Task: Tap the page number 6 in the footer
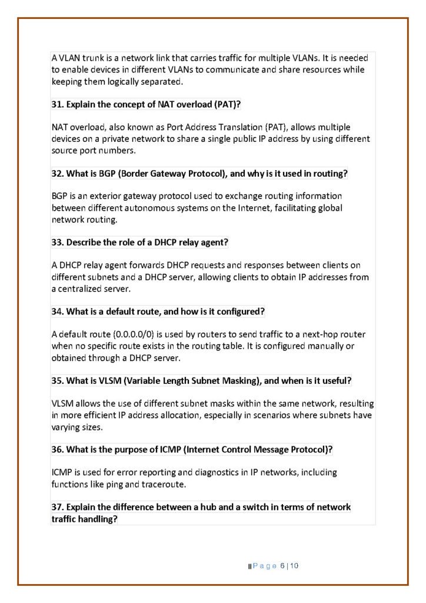(x=282, y=566)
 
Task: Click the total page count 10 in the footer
(x=294, y=566)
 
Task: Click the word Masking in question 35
(x=238, y=380)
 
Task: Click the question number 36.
(x=58, y=450)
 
